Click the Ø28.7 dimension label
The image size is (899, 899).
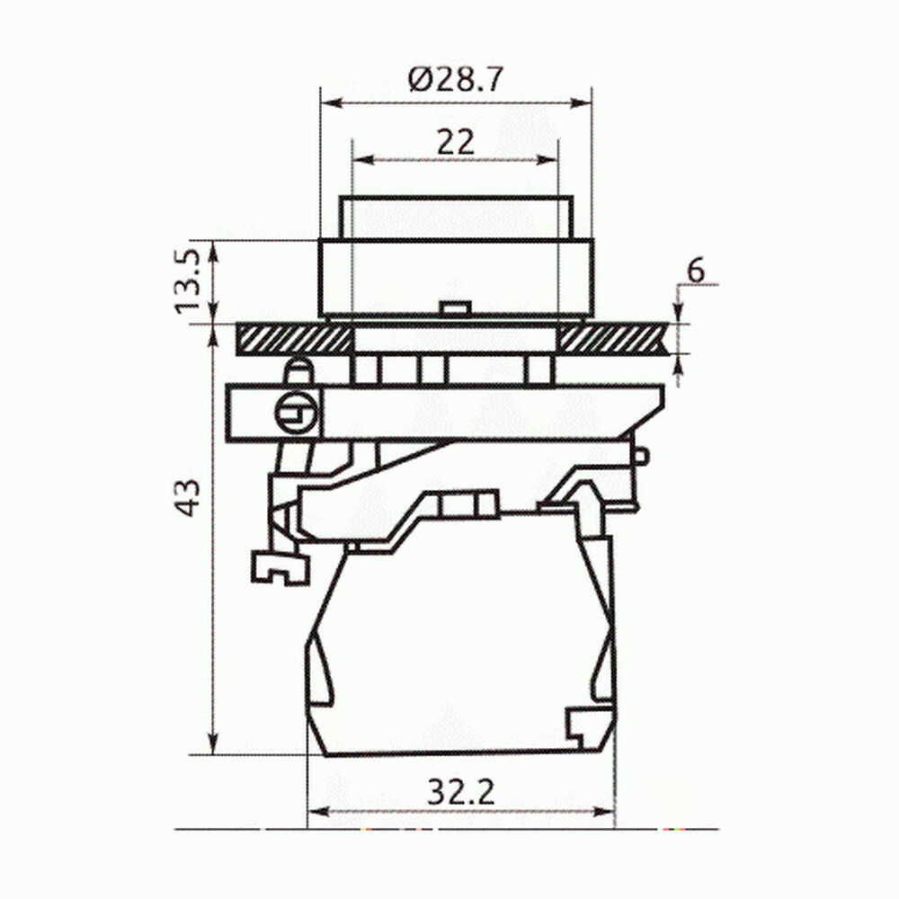coord(456,80)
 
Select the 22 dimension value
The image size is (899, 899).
coord(456,142)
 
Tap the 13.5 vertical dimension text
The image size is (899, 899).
coord(188,281)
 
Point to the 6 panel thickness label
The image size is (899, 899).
coord(696,271)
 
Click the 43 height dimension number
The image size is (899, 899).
coord(188,497)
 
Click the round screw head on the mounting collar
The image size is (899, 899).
coord(296,412)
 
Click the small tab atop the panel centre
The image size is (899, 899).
coord(454,307)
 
